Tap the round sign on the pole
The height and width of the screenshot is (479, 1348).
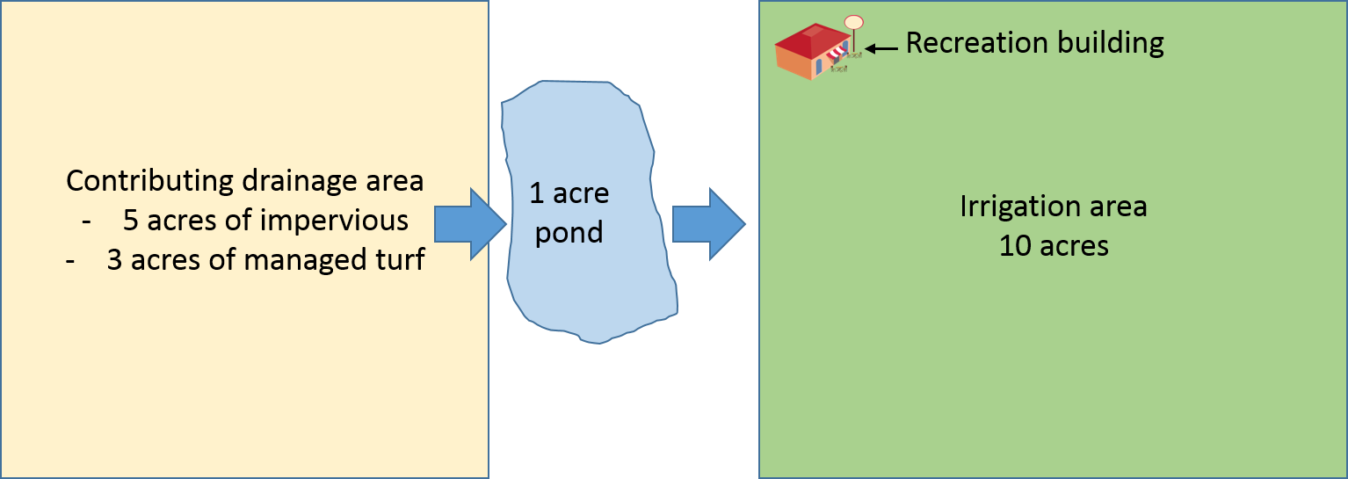coord(853,22)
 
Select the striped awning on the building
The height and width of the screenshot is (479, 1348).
coord(836,55)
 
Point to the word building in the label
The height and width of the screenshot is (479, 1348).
coord(1114,42)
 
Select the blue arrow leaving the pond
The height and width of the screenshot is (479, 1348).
coord(708,224)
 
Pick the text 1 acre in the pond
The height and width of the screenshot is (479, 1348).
coord(569,193)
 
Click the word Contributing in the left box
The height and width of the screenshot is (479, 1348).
coord(146,182)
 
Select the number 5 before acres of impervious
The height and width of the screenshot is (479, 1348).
coord(131,221)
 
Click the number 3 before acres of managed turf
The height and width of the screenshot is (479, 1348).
coord(114,260)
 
